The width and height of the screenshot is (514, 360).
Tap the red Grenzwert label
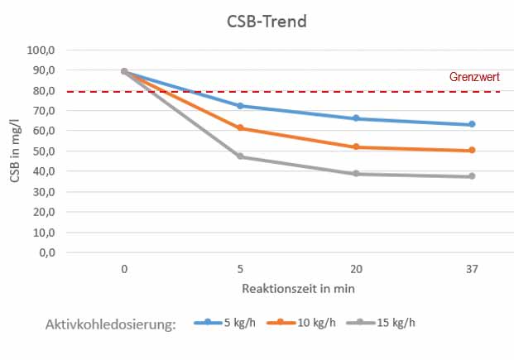(474, 77)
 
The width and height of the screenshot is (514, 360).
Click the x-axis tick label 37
(472, 269)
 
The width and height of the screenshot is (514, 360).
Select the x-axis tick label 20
(356, 269)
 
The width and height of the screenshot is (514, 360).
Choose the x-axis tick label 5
(240, 269)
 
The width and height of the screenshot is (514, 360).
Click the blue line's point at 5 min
(240, 106)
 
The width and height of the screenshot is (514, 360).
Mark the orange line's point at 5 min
(240, 128)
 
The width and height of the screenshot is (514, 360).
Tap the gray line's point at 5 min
(240, 156)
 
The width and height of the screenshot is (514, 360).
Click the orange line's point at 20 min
(356, 146)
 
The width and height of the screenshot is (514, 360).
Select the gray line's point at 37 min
(472, 176)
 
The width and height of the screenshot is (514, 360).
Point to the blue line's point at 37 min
(472, 124)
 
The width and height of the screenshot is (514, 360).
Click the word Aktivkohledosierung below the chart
(111, 324)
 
